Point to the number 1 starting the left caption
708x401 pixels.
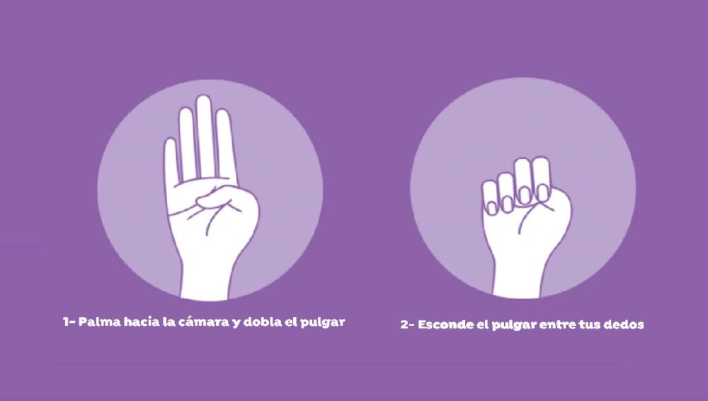[x=67, y=322]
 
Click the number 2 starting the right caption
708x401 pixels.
[x=404, y=325]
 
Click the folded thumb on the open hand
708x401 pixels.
[x=215, y=197]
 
